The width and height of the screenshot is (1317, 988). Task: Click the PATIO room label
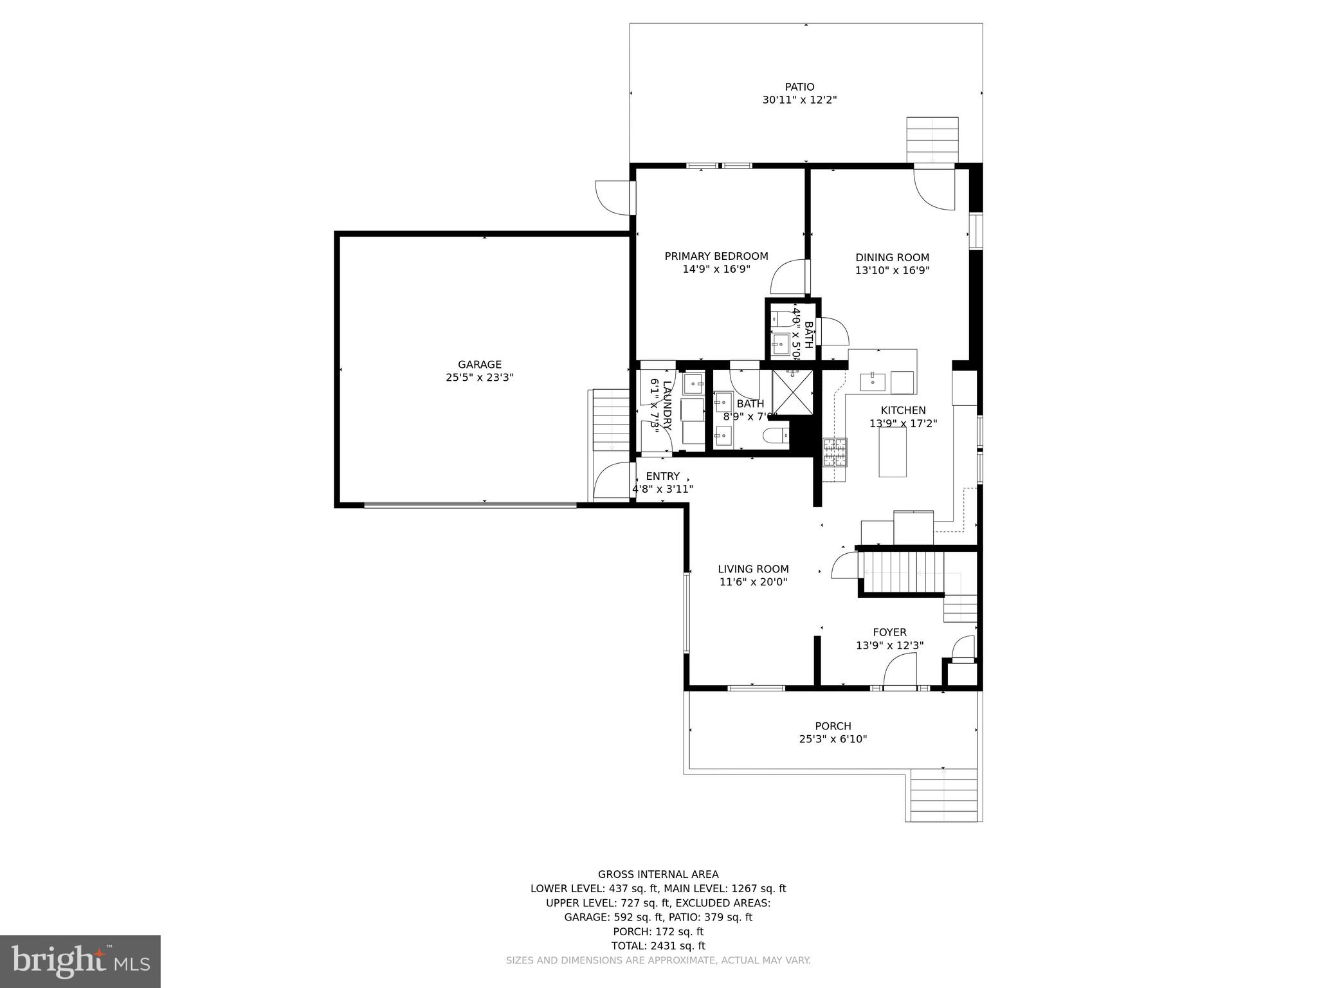799,87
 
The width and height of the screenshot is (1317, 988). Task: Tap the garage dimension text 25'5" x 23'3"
479,378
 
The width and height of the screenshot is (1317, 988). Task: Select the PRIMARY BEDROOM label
716,256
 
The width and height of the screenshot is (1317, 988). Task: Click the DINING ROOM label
892,257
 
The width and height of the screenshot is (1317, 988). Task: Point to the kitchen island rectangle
893,452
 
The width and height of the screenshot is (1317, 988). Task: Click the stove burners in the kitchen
835,452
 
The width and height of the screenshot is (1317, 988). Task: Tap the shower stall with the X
792,393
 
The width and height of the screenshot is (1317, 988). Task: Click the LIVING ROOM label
753,569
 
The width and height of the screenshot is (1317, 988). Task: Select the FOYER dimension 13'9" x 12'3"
889,645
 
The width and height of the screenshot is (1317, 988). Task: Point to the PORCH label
833,726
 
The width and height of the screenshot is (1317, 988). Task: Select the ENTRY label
662,476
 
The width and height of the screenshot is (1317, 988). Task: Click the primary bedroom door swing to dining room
789,277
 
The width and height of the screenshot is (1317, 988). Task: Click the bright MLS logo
80,961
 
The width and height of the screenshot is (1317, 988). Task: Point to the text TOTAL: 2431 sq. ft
658,946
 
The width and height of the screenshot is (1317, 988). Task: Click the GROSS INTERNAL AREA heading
658,874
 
